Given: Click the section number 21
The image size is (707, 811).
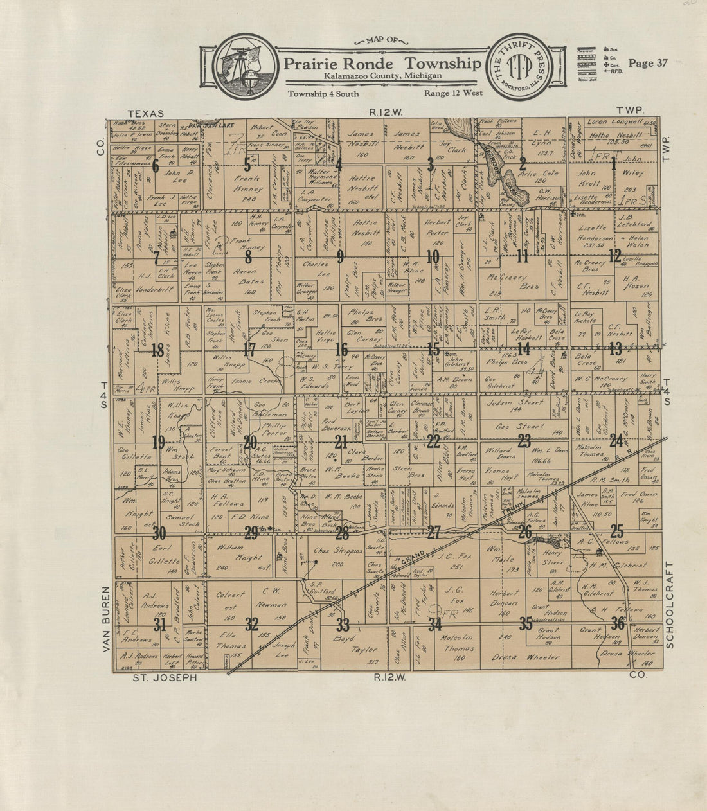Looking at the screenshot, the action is coord(341,441).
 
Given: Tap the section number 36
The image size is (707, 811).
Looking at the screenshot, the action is coord(618,623).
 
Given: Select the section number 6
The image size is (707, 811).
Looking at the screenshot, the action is coord(155,165).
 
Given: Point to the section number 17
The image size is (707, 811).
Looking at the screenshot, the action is coord(249,350).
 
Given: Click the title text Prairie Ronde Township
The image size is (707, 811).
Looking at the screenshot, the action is coord(382,64).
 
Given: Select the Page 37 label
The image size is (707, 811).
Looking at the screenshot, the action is coord(648,63).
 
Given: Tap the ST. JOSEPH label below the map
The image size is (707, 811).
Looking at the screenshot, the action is coord(165,677).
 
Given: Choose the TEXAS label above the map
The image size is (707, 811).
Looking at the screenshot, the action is coord(145,113).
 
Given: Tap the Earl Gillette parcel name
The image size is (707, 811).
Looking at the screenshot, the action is coord(165,554).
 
